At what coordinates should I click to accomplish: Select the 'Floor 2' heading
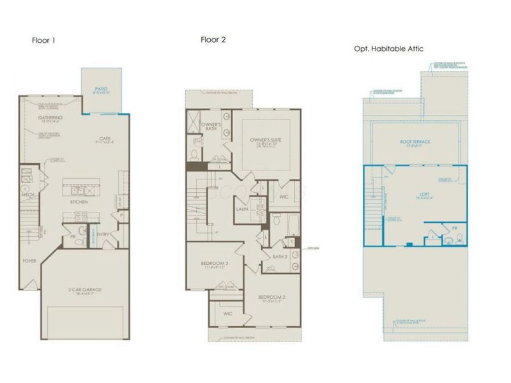[214, 39]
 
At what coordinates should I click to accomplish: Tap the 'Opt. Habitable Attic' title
[388, 49]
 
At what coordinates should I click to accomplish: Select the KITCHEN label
[79, 202]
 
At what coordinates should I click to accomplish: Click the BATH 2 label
[280, 257]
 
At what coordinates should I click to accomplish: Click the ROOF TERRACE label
[415, 142]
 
